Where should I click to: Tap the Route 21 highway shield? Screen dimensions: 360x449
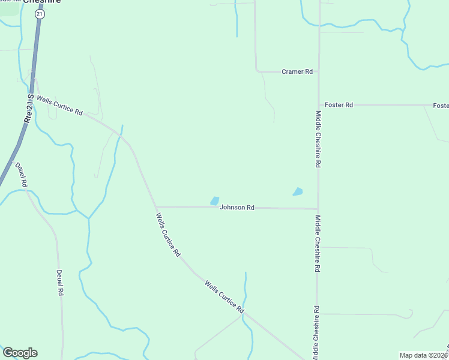pyautogui.click(x=39, y=14)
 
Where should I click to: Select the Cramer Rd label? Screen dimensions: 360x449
pyautogui.click(x=297, y=71)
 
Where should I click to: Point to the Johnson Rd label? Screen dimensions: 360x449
pyautogui.click(x=237, y=207)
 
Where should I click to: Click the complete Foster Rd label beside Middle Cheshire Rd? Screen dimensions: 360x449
pyautogui.click(x=339, y=105)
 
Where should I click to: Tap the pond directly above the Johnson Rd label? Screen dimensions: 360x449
pyautogui.click(x=214, y=200)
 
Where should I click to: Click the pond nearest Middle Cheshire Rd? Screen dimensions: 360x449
pyautogui.click(x=297, y=192)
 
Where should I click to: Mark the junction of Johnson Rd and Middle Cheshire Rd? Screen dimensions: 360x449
pyautogui.click(x=318, y=209)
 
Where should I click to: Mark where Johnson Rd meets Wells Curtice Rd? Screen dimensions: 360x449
pyautogui.click(x=156, y=207)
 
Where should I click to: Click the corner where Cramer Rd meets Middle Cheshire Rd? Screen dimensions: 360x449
pyautogui.click(x=318, y=71)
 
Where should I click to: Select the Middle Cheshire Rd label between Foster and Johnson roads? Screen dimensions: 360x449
pyautogui.click(x=318, y=139)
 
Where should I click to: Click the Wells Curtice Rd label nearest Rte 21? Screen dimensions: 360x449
pyautogui.click(x=59, y=105)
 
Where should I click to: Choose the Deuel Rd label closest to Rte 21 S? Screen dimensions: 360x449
pyautogui.click(x=21, y=173)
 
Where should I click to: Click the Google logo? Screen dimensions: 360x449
pyautogui.click(x=20, y=353)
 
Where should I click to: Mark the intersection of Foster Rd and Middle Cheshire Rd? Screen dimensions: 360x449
pyautogui.click(x=318, y=105)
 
